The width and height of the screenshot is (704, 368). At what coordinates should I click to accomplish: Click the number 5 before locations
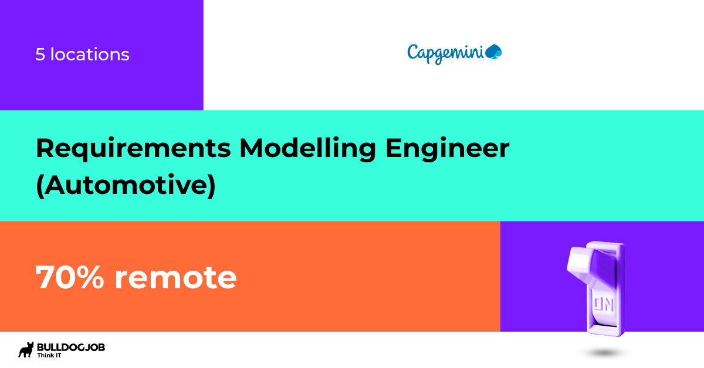(40, 54)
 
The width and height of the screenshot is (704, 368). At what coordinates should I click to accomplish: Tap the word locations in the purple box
(90, 54)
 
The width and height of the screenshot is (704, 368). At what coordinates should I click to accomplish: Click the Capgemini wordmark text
(446, 53)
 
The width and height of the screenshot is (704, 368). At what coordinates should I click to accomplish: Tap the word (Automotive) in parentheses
(126, 186)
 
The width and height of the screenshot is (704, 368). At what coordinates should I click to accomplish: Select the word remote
(175, 277)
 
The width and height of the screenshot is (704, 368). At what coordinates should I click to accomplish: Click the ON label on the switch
(603, 304)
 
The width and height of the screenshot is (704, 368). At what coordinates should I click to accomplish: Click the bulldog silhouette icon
(26, 350)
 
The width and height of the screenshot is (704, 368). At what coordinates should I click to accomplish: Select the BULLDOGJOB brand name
(70, 347)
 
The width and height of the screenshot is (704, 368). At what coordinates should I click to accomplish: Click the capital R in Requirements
(45, 149)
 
